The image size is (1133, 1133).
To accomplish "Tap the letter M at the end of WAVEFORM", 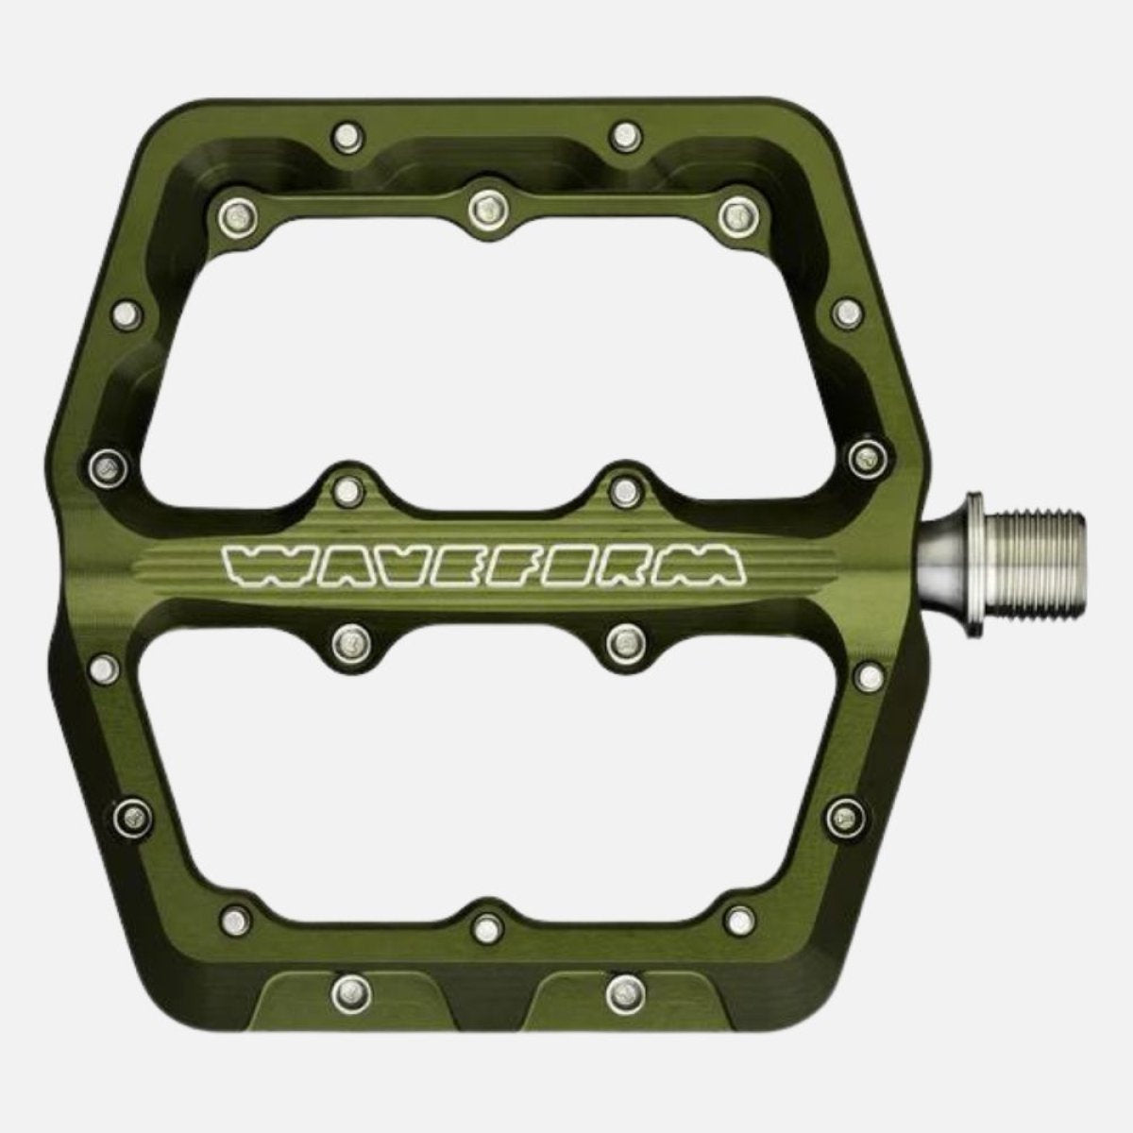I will [x=713, y=566].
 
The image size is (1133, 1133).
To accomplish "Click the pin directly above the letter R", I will [x=622, y=488].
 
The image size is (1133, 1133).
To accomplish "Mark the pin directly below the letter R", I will [x=622, y=642].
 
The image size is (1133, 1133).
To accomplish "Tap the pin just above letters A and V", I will [x=347, y=488].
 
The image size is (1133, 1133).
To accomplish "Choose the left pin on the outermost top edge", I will [x=347, y=133].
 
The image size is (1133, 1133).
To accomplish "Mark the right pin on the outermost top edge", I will [x=622, y=133].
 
